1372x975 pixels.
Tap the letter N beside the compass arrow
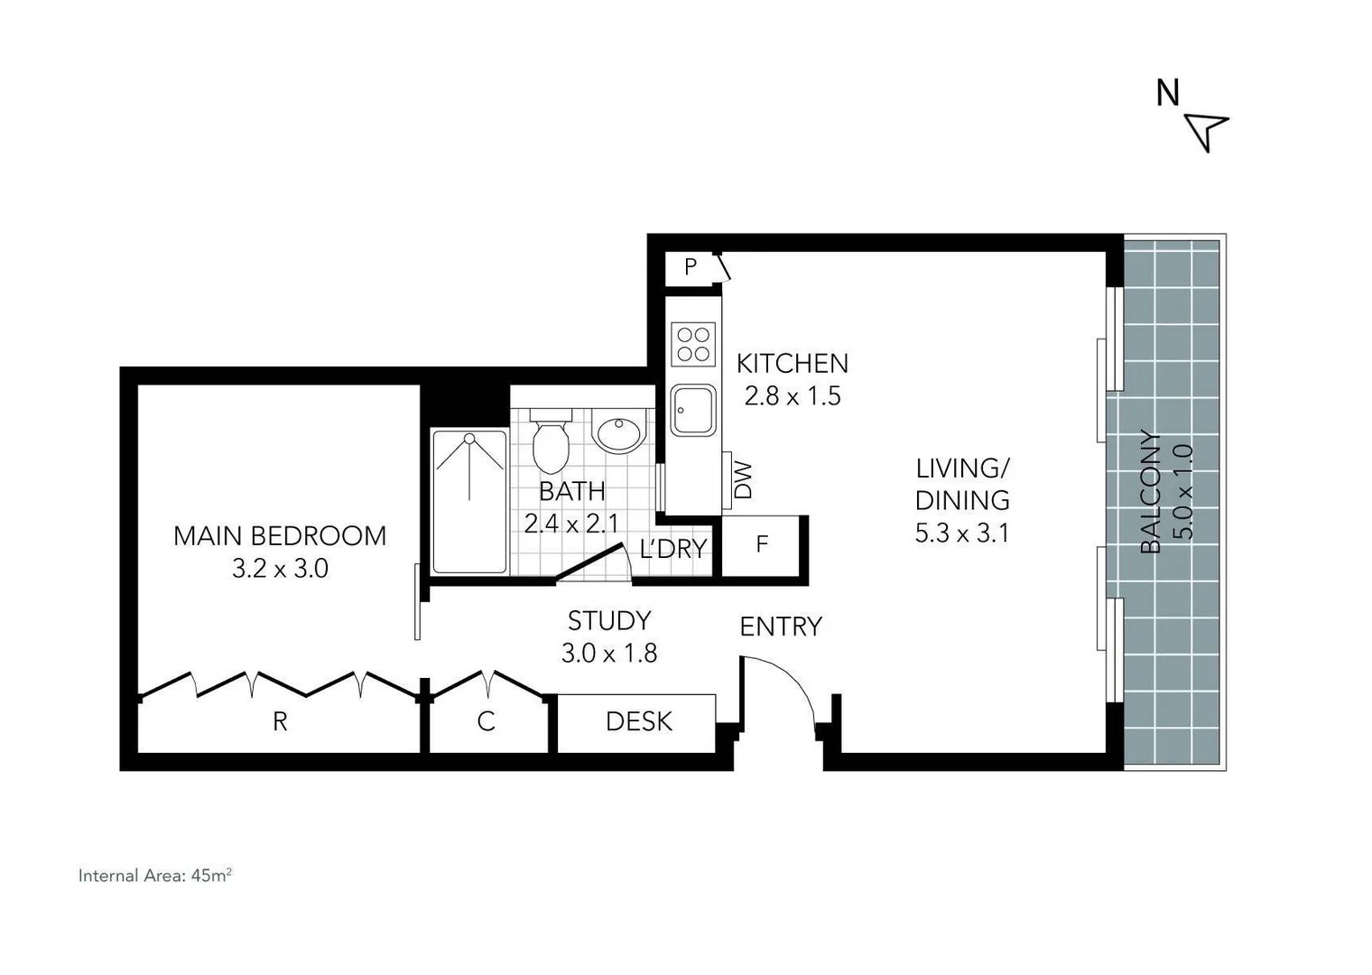[x=1168, y=93]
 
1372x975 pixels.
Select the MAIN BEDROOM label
[x=280, y=536]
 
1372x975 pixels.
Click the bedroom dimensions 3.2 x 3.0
[x=280, y=569]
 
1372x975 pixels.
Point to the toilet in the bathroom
[x=550, y=441]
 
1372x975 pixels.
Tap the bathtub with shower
[x=469, y=501]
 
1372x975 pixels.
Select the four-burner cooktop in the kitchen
[x=693, y=344]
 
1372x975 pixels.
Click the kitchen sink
[x=693, y=411]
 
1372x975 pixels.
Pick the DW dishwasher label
[x=742, y=480]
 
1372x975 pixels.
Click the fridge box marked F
[x=761, y=545]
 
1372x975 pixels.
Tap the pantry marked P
[x=691, y=267]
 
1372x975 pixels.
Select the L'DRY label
[x=672, y=549]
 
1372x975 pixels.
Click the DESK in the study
[x=638, y=722]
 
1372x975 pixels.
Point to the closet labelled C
[x=486, y=722]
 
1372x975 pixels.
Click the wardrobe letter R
[x=280, y=722]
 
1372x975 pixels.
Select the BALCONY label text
[x=1150, y=492]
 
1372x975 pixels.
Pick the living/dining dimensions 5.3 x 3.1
[x=962, y=534]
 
